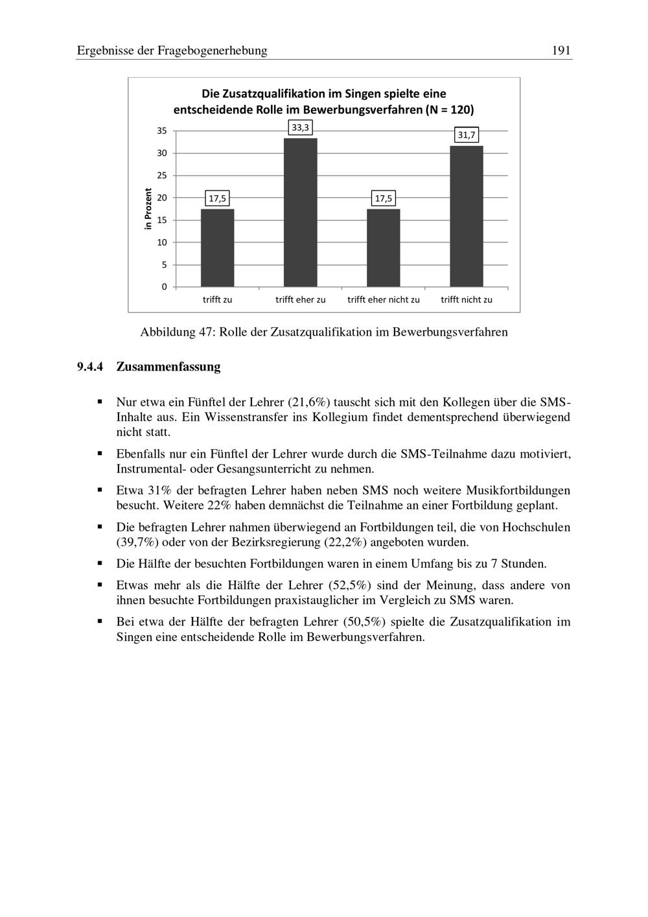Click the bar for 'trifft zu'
[x=217, y=248]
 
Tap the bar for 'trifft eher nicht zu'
[x=383, y=248]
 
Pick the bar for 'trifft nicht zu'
[x=466, y=216]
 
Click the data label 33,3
[x=300, y=128]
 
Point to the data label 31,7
[x=466, y=135]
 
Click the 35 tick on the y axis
[x=161, y=131]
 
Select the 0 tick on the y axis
[x=164, y=286]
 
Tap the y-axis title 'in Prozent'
[x=148, y=208]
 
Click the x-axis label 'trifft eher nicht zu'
[x=384, y=299]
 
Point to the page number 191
[x=561, y=51]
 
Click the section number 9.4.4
[x=90, y=367]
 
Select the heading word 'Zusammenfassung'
[x=168, y=367]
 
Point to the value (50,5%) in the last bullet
[x=364, y=622]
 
